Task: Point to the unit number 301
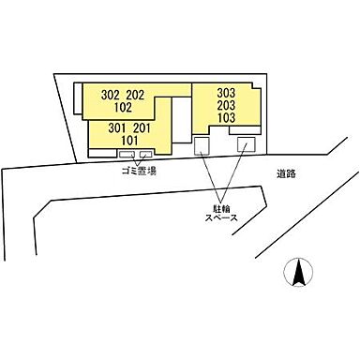coord(117,127)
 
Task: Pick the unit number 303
coord(225,94)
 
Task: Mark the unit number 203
coord(225,106)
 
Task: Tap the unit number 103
coord(225,118)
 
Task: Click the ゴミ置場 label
coord(138,172)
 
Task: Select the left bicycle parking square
coord(202,146)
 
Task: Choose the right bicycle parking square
coord(246,144)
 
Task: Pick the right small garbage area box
coord(145,155)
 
